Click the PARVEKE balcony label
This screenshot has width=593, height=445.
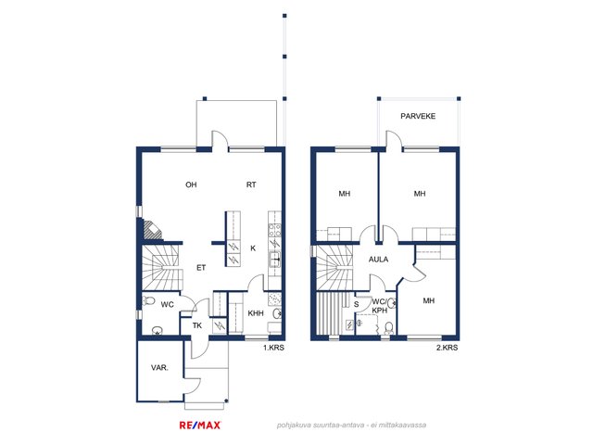pyautogui.click(x=418, y=116)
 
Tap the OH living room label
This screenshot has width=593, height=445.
pyautogui.click(x=191, y=184)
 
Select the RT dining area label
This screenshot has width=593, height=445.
pyautogui.click(x=251, y=184)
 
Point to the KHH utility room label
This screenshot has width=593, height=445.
pyautogui.click(x=256, y=313)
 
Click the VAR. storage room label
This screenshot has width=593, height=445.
pyautogui.click(x=159, y=367)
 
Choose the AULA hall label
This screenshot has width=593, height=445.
pyautogui.click(x=379, y=260)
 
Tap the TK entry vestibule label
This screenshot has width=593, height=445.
pyautogui.click(x=197, y=325)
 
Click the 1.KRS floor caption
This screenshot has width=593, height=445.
pyautogui.click(x=273, y=348)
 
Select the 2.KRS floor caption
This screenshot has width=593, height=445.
pyautogui.click(x=447, y=348)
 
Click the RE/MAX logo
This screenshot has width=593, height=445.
pyautogui.click(x=200, y=426)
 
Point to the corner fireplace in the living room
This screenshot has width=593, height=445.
pyautogui.click(x=152, y=230)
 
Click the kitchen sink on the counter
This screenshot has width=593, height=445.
pyautogui.click(x=274, y=260)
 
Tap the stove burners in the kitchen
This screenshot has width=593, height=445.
pyautogui.click(x=274, y=231)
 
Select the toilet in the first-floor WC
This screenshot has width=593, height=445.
pyautogui.click(x=149, y=301)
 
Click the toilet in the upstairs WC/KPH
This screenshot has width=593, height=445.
pyautogui.click(x=389, y=327)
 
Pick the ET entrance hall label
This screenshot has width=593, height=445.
pyautogui.click(x=201, y=268)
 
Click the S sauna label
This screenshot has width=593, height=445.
pyautogui.click(x=356, y=304)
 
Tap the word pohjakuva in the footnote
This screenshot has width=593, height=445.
pyautogui.click(x=294, y=426)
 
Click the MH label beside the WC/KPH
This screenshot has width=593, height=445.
pyautogui.click(x=428, y=300)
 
